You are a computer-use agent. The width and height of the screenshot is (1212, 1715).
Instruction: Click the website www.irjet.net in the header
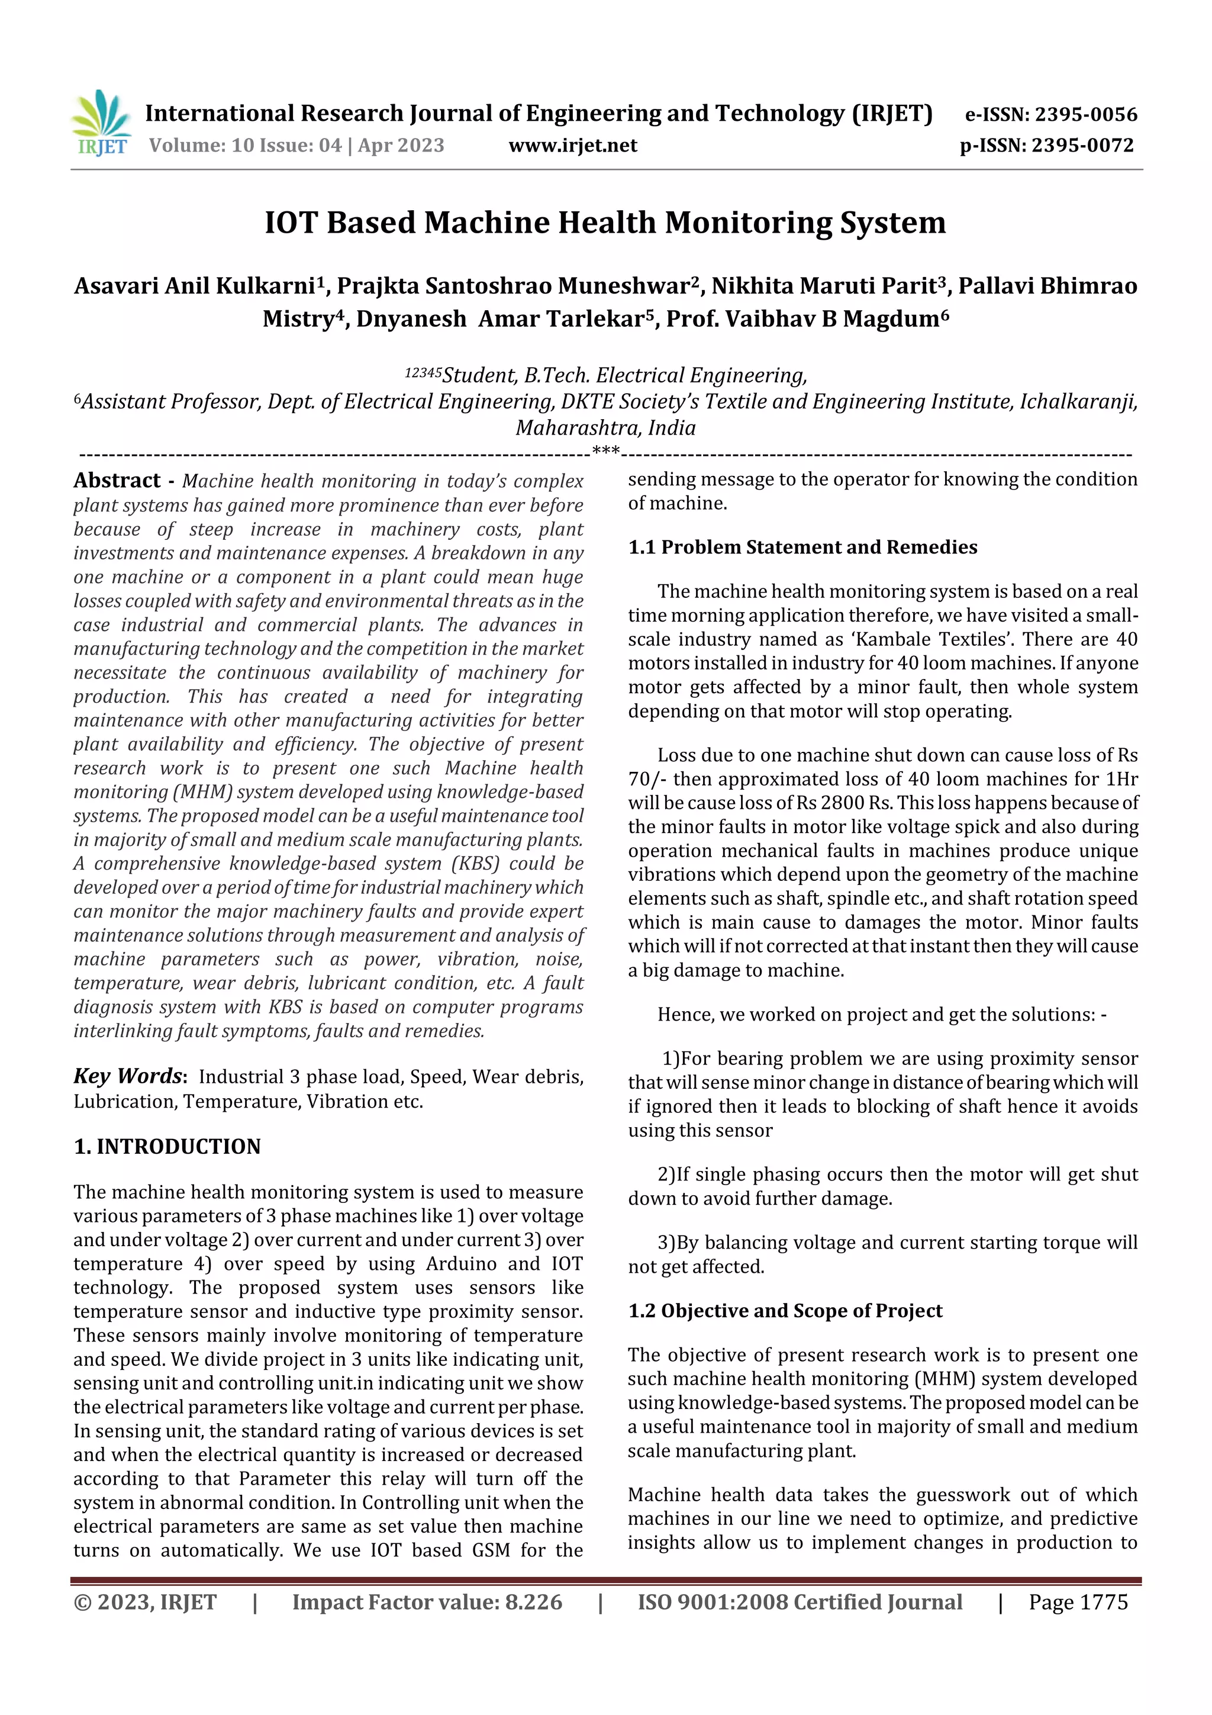coord(573,146)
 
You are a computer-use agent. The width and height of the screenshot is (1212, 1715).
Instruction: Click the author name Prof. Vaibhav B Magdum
coord(807,319)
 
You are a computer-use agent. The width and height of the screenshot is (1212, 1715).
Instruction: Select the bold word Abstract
coord(117,480)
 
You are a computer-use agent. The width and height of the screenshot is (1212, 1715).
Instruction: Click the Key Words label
coord(128,1076)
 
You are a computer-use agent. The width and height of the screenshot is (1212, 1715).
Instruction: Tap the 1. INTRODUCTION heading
coord(167,1147)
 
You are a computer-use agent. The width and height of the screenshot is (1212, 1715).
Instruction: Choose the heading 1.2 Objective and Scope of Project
coord(785,1311)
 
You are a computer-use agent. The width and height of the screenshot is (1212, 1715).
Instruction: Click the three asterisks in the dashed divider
coord(605,451)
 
